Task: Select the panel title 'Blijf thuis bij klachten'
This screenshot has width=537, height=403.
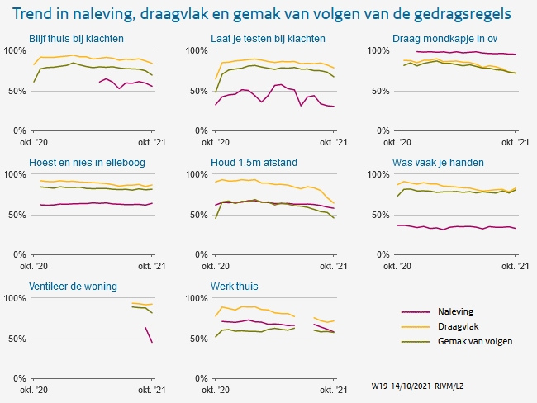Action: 76,39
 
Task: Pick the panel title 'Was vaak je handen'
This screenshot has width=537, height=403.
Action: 438,162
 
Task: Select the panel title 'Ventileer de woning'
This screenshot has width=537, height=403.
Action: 73,287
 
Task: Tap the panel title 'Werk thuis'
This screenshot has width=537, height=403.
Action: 235,287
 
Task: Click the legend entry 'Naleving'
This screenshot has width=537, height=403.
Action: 455,311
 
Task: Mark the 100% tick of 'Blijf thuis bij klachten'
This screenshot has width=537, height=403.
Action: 16,50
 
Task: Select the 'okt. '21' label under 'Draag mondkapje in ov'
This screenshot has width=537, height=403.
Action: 516,142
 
